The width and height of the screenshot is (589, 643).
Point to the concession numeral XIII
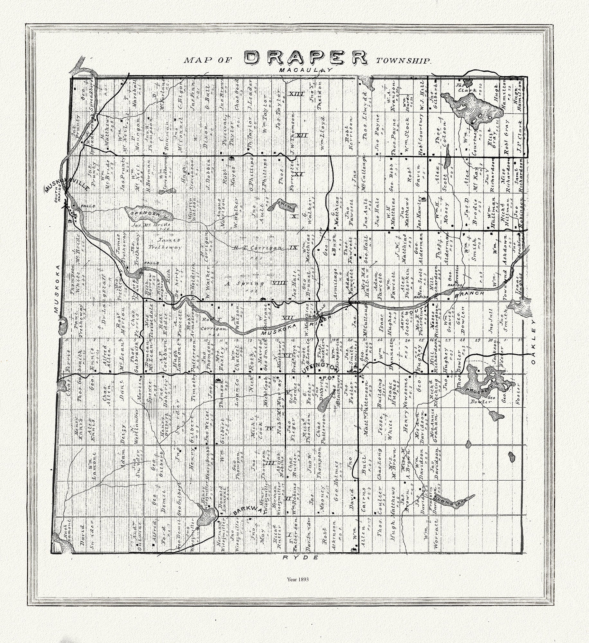click(x=296, y=94)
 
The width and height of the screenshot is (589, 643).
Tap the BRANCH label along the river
click(x=472, y=294)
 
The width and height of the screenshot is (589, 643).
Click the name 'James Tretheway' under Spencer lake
click(x=168, y=244)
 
